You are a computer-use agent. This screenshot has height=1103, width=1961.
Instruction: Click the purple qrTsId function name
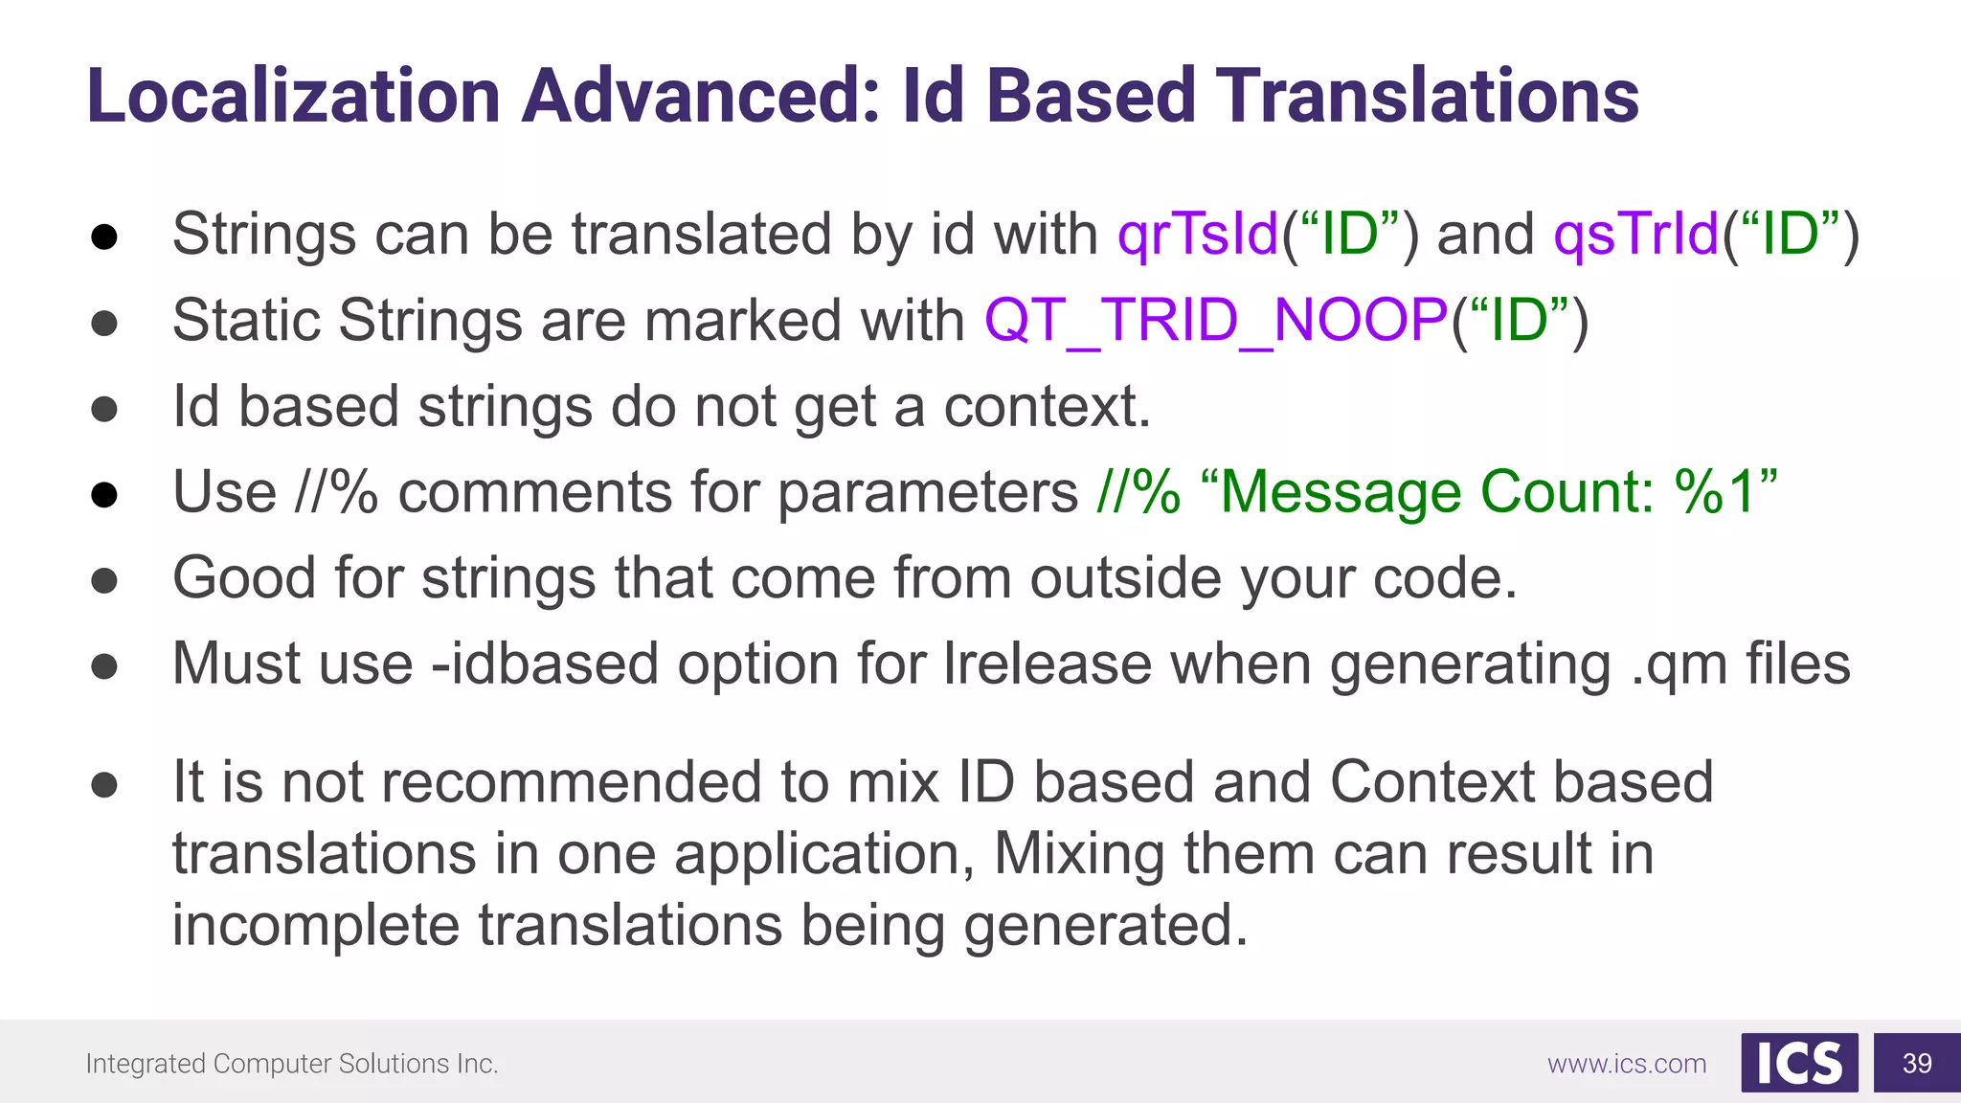[1198, 234]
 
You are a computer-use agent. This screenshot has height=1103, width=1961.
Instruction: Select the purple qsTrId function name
[1635, 234]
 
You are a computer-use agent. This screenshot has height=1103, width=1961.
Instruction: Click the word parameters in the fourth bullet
[927, 492]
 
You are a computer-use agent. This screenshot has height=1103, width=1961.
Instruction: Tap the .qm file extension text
[1679, 664]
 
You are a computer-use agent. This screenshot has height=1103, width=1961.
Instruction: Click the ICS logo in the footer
[1799, 1063]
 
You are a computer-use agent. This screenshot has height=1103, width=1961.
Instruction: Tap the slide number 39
[1917, 1063]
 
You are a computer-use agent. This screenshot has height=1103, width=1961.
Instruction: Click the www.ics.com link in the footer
[1627, 1064]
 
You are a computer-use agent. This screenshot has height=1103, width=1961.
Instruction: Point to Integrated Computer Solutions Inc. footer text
[292, 1064]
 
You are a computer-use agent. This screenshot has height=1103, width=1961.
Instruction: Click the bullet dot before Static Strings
[104, 323]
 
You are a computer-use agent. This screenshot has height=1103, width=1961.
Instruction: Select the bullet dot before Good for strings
[104, 580]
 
